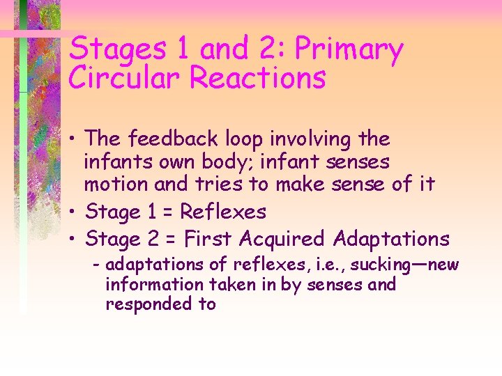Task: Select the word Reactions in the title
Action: [x=258, y=78]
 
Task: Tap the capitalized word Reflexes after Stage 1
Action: [x=224, y=212]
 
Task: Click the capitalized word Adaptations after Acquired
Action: [x=391, y=240]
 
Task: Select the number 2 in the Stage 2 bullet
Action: [x=153, y=240]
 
